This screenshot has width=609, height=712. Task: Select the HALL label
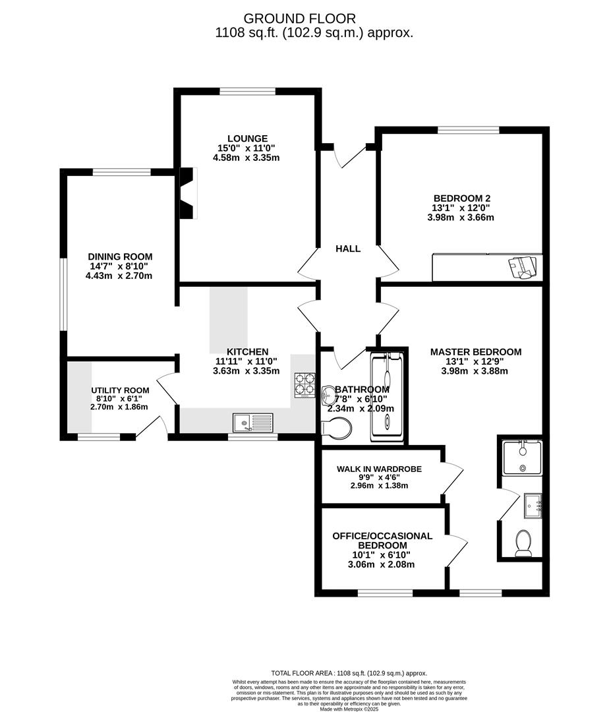pyautogui.click(x=348, y=249)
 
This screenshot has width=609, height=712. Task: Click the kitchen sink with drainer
pyautogui.click(x=253, y=421)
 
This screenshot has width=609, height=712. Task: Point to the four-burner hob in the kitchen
pyautogui.click(x=304, y=385)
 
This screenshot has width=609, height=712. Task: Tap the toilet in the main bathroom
pyautogui.click(x=337, y=429)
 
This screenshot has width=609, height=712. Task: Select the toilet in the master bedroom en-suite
pyautogui.click(x=524, y=542)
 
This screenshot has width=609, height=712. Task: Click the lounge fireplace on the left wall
pyautogui.click(x=188, y=193)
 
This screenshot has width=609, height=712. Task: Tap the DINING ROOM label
pyautogui.click(x=120, y=256)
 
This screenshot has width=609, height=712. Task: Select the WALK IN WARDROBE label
pyautogui.click(x=379, y=469)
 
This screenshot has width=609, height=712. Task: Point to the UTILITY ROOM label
pyautogui.click(x=120, y=390)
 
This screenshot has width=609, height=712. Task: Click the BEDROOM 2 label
pyautogui.click(x=461, y=198)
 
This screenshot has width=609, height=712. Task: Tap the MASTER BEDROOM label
pyautogui.click(x=476, y=351)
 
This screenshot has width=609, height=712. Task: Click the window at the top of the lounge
pyautogui.click(x=247, y=91)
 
